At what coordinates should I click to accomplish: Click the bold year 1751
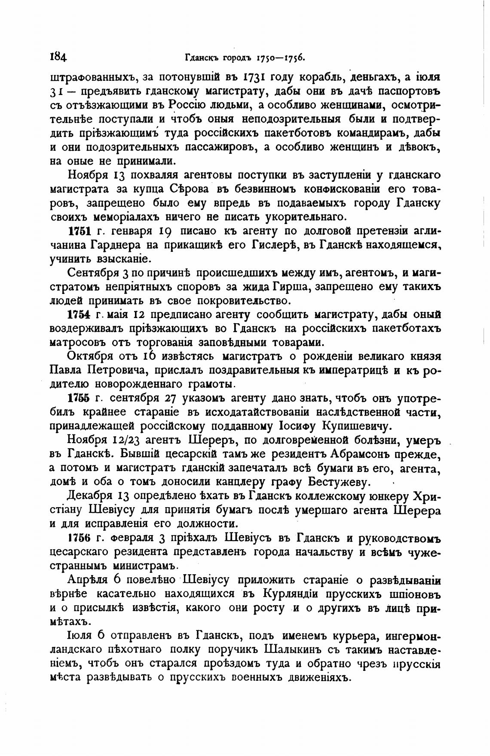click(x=79, y=231)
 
